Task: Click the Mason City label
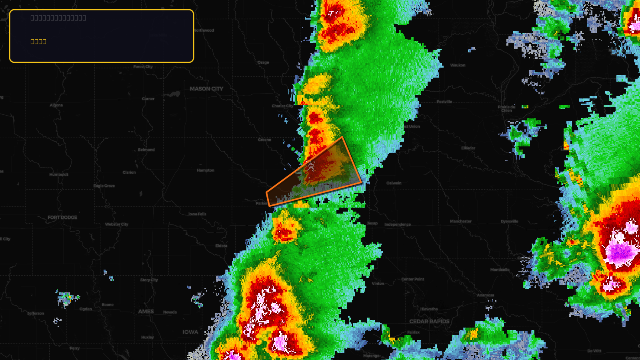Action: (206, 89)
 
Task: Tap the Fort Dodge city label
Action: (62, 218)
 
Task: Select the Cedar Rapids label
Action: (429, 322)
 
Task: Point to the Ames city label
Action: (146, 312)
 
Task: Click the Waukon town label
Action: (458, 65)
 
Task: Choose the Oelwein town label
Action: (394, 183)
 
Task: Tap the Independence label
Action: (398, 224)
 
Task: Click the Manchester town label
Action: (461, 221)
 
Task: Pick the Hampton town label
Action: (206, 170)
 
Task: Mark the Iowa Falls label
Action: (197, 214)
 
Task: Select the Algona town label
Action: (56, 105)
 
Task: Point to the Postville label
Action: (444, 102)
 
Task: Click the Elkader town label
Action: (468, 148)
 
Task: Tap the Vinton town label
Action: (378, 284)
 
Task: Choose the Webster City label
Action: (117, 224)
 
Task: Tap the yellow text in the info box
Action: (38, 42)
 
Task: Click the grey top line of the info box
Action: (58, 18)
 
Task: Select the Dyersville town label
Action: (509, 221)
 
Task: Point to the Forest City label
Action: (143, 67)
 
